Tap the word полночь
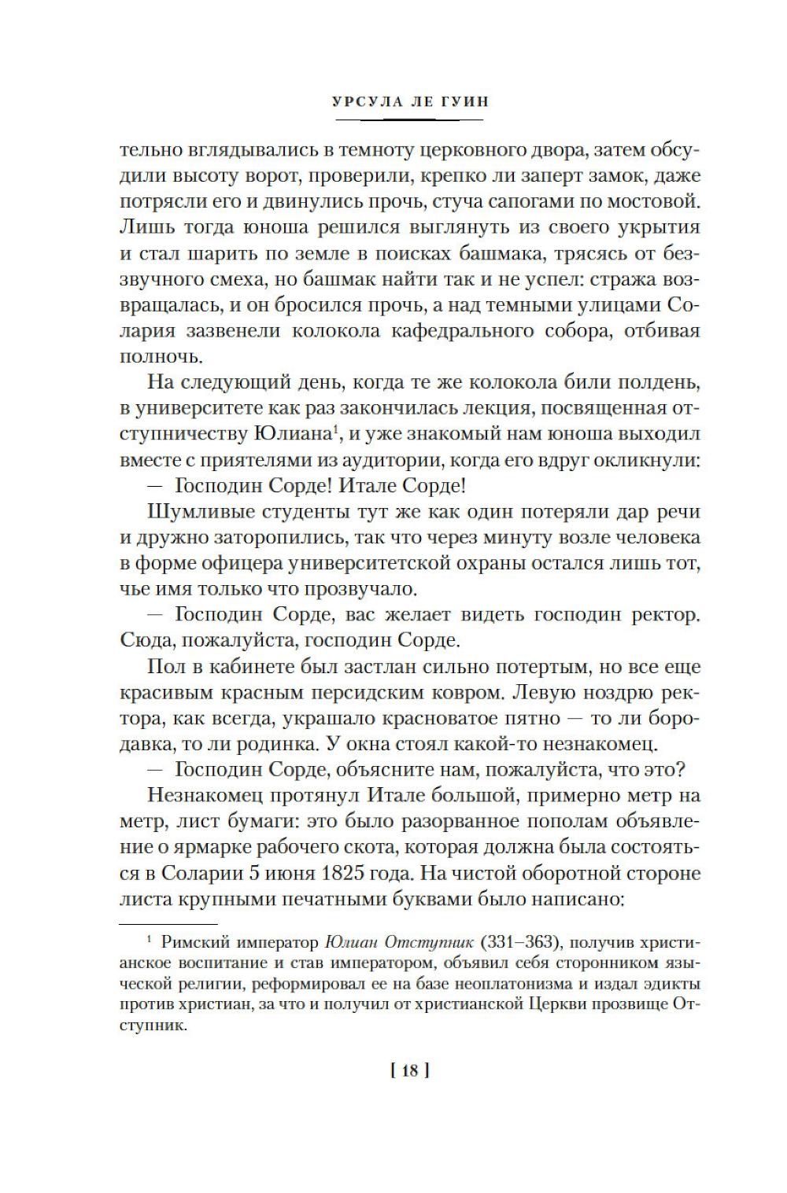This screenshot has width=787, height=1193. (160, 355)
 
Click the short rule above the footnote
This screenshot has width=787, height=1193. (168, 925)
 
